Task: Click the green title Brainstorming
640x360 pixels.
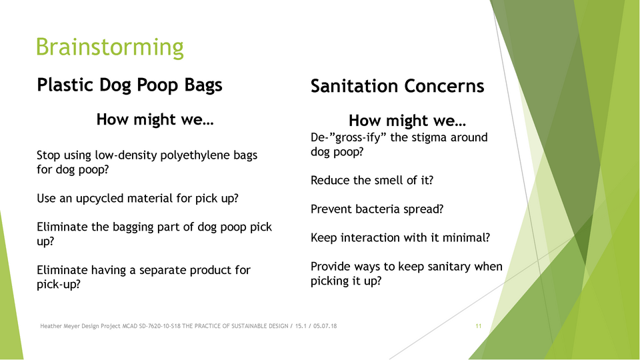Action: tap(110, 47)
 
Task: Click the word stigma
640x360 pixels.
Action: tap(427, 138)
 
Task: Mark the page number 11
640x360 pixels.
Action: tap(479, 326)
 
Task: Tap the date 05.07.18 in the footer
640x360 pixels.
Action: tap(325, 326)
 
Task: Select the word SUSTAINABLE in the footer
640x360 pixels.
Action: tap(249, 326)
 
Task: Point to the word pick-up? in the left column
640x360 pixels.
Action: tap(59, 285)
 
